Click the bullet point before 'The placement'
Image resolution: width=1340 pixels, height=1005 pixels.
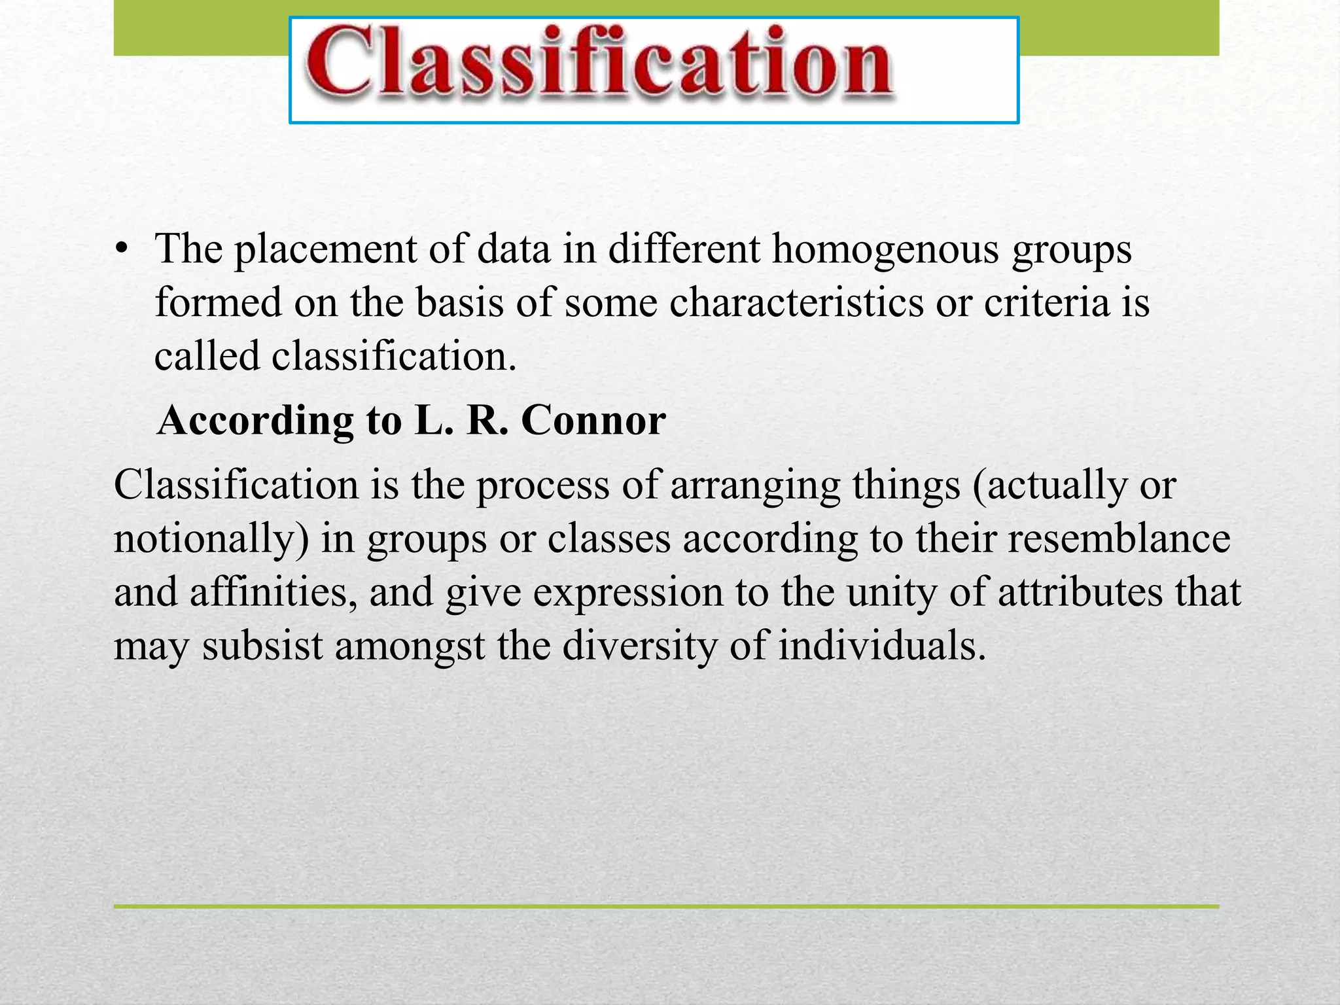pyautogui.click(x=121, y=250)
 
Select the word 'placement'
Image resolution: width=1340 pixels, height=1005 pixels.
pyautogui.click(x=325, y=250)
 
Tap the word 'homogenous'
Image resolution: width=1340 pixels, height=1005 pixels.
pyautogui.click(x=885, y=250)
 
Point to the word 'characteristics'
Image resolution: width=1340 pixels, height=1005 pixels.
pyautogui.click(x=796, y=303)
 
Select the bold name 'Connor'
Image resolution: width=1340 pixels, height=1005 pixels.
pyautogui.click(x=593, y=421)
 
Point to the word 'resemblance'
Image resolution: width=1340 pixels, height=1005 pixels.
pyautogui.click(x=1118, y=539)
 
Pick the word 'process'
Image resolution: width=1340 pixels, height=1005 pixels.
pyautogui.click(x=542, y=485)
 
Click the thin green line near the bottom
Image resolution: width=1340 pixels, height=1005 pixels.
pyautogui.click(x=666, y=906)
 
